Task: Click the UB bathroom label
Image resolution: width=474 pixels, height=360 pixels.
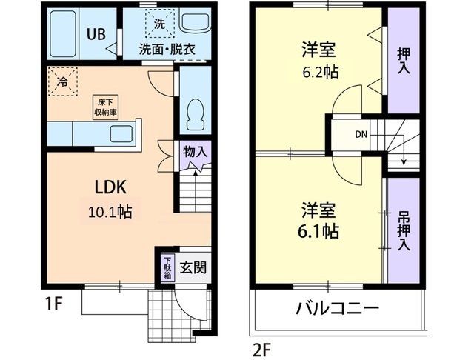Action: click(96, 33)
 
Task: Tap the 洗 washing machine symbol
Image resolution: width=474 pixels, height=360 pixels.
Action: click(159, 23)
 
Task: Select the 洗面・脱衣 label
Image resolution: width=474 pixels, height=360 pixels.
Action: click(167, 50)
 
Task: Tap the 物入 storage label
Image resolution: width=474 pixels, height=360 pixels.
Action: click(196, 150)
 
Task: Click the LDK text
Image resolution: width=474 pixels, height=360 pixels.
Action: click(109, 185)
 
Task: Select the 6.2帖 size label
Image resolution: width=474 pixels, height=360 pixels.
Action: click(318, 74)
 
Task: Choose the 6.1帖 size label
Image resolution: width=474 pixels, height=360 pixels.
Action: click(319, 231)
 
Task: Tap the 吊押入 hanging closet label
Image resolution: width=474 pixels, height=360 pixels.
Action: click(404, 231)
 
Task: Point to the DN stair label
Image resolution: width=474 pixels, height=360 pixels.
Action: click(361, 135)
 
